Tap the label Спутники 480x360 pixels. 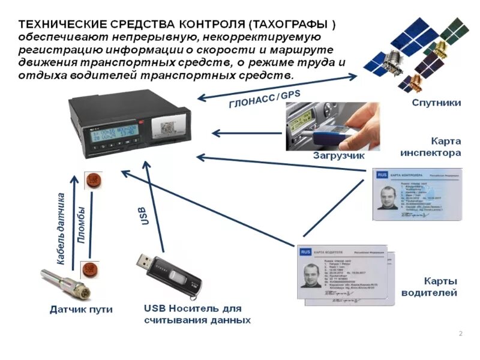click(436, 103)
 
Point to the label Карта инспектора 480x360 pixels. click(430, 147)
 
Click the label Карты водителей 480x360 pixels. click(432, 287)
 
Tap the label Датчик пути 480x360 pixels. click(80, 310)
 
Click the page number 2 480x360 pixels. click(460, 334)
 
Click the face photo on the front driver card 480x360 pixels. click(312, 277)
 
